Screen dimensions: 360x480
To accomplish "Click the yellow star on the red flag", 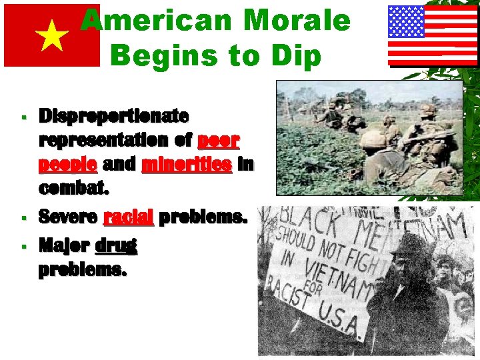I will [53, 37].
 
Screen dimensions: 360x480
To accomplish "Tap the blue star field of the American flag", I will [407, 21].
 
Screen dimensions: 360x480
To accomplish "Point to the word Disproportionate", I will [113, 116].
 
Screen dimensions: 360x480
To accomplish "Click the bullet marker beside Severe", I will [23, 218].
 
